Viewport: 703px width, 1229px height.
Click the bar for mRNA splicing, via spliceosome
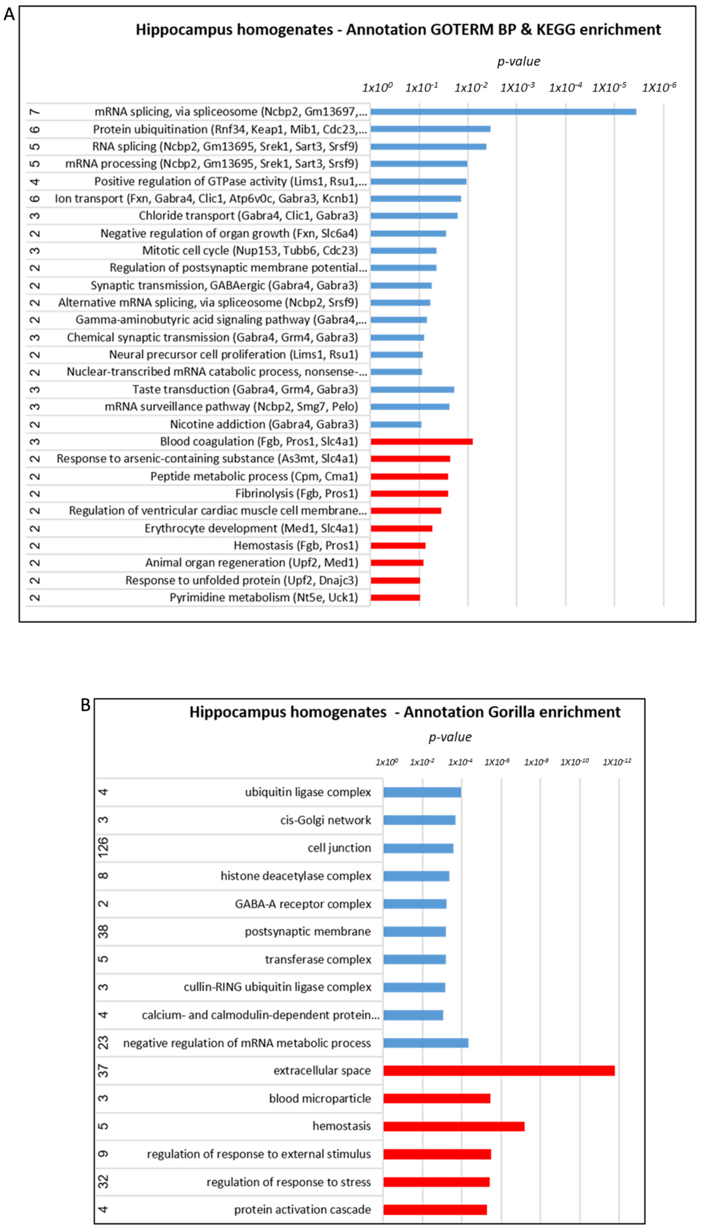click(x=503, y=112)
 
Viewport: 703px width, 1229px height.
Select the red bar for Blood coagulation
click(x=421, y=441)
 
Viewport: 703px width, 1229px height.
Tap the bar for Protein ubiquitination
click(x=430, y=129)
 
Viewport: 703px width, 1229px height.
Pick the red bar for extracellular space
click(x=499, y=1071)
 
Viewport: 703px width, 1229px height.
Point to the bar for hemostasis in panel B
click(x=454, y=1126)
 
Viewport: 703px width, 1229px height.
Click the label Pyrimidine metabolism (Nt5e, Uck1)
click(x=263, y=597)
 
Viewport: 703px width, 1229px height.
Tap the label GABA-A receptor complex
click(x=303, y=904)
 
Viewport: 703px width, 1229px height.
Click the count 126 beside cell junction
click(x=103, y=848)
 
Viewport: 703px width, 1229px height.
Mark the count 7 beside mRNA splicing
click(x=35, y=112)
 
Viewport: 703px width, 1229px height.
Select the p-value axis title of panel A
click(x=519, y=61)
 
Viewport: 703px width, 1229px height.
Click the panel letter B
click(x=85, y=705)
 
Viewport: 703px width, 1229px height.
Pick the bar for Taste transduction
click(x=412, y=389)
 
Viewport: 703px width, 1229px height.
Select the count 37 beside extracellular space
click(x=103, y=1071)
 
